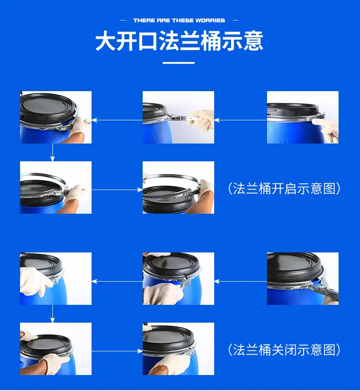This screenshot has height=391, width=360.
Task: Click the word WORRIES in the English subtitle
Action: click(x=210, y=21)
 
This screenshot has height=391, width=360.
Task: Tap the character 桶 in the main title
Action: click(x=211, y=41)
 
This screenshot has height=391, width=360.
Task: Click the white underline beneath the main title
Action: click(x=179, y=63)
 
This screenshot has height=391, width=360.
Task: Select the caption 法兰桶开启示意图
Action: click(x=284, y=188)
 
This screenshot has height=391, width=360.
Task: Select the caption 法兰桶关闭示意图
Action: click(x=284, y=350)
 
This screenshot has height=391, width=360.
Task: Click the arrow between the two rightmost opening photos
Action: click(x=240, y=120)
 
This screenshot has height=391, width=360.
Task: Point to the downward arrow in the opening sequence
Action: click(x=52, y=152)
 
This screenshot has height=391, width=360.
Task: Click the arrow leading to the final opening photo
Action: click(x=117, y=190)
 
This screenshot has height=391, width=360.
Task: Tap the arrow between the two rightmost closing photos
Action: click(x=240, y=281)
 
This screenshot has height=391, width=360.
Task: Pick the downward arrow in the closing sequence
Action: click(x=52, y=314)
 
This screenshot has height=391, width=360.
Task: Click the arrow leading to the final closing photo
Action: click(x=117, y=351)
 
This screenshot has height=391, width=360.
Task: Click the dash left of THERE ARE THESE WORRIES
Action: click(x=123, y=21)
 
